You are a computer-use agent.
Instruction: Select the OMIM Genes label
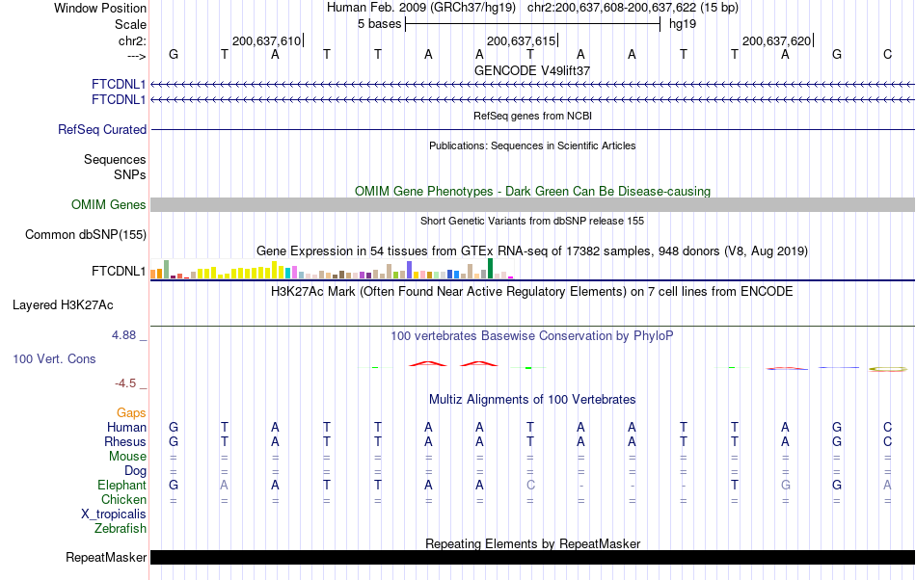(x=108, y=204)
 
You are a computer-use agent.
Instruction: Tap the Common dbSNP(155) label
(x=86, y=234)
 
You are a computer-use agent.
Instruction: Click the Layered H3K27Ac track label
(x=63, y=305)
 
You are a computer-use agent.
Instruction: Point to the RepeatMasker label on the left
(x=106, y=557)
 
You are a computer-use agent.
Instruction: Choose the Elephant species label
(x=121, y=486)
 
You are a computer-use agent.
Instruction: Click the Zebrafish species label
(x=121, y=528)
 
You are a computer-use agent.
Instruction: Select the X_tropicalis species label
(x=114, y=514)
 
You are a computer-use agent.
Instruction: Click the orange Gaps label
(x=131, y=412)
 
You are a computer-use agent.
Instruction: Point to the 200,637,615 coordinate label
(x=521, y=40)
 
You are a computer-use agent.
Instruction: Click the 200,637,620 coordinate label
(x=776, y=40)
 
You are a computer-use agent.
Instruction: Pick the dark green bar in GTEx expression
(x=491, y=268)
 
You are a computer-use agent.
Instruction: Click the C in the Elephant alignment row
(x=530, y=485)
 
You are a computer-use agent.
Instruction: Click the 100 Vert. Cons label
(x=54, y=358)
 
